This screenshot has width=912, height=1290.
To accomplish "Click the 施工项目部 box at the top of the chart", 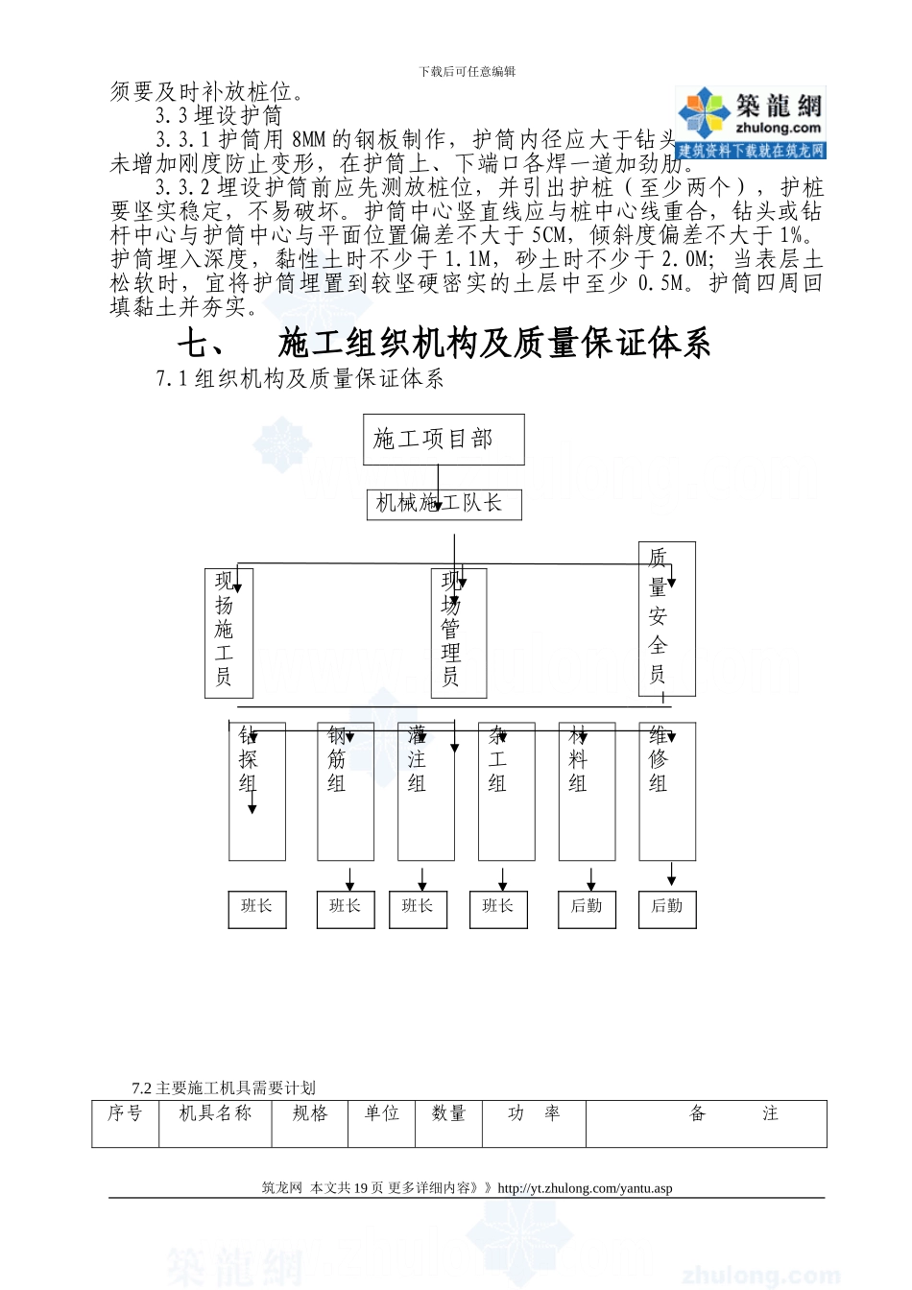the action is tap(443, 440).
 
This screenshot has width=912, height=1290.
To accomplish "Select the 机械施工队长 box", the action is tap(444, 504).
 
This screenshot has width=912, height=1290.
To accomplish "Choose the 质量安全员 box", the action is tap(666, 618).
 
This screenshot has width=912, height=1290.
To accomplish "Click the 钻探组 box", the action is tap(256, 791).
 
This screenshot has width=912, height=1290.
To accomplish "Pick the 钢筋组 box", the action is tap(346, 791).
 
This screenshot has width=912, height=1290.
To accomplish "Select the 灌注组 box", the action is tap(426, 791).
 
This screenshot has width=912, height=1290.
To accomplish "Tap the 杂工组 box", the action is tap(506, 791).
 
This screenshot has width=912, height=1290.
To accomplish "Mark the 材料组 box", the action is tap(587, 791).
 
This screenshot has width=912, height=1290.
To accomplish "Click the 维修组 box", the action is tap(666, 791).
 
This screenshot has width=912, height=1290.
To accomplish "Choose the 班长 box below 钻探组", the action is tap(256, 908).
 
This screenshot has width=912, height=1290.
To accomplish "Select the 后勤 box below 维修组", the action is tap(666, 908).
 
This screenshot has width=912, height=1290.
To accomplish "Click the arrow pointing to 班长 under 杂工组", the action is tap(502, 879).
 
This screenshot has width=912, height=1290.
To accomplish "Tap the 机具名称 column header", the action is tap(215, 1113).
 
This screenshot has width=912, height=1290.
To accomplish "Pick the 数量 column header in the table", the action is tap(448, 1113).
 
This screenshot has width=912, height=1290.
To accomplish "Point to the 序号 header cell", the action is tap(125, 1113).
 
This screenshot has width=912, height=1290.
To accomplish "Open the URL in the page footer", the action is tap(585, 1188).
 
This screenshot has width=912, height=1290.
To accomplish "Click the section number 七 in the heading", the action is tap(201, 344).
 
